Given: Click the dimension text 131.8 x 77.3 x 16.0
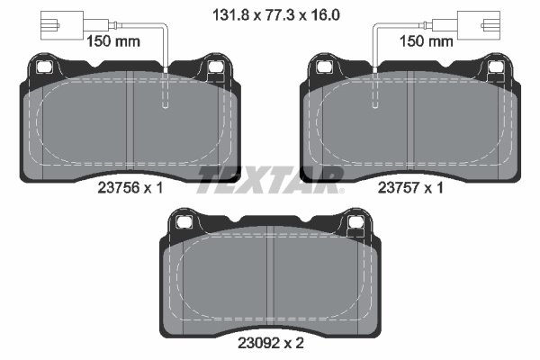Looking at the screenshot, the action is pos(276,15).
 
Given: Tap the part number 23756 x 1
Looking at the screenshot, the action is pos(130,188).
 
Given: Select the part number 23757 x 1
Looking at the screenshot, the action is pos(410,188).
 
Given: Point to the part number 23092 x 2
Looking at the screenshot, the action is pos(271,343).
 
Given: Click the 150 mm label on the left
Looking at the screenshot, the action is pos(113,41).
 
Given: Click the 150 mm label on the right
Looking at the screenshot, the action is pos(426,41).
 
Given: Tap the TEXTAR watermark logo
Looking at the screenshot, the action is pos(270,180).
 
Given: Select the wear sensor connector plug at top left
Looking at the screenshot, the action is pos(62,25).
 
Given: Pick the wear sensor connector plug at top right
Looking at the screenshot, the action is pos(479,25).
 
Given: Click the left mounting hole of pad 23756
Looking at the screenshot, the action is pos(44,67).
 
